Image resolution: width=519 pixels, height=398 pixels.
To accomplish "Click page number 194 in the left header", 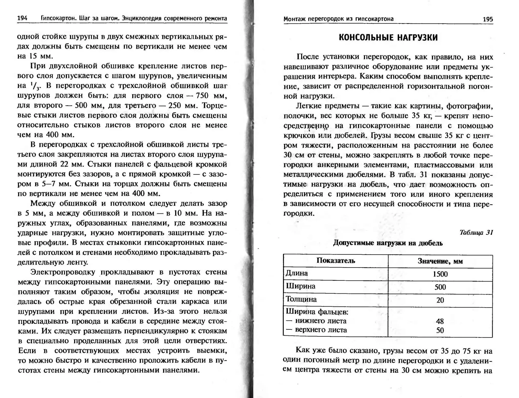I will point(22,18).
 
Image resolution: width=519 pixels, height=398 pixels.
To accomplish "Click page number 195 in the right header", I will point(488,19).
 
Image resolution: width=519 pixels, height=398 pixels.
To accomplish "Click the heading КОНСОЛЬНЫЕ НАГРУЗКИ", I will point(388,38).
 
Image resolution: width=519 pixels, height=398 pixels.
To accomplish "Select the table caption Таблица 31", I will point(476,232).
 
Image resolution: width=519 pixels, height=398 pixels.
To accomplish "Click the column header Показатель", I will point(336,261).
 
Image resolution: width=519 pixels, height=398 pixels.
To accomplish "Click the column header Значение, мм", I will point(440,261).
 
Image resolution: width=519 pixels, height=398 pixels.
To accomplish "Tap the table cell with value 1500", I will point(440,274).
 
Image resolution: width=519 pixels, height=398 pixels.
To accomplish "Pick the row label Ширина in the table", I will point(301,286).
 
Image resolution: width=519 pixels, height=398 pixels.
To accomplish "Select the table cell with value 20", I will point(440,300).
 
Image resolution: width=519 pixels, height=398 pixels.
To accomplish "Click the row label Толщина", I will point(301,299).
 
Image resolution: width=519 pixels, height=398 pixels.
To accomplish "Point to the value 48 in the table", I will point(440,321).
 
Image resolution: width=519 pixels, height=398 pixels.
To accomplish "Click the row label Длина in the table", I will point(297,273).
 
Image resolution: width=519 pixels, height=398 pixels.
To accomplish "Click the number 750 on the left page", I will point(202,96).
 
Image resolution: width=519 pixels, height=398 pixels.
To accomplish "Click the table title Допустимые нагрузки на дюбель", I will point(388,243).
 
